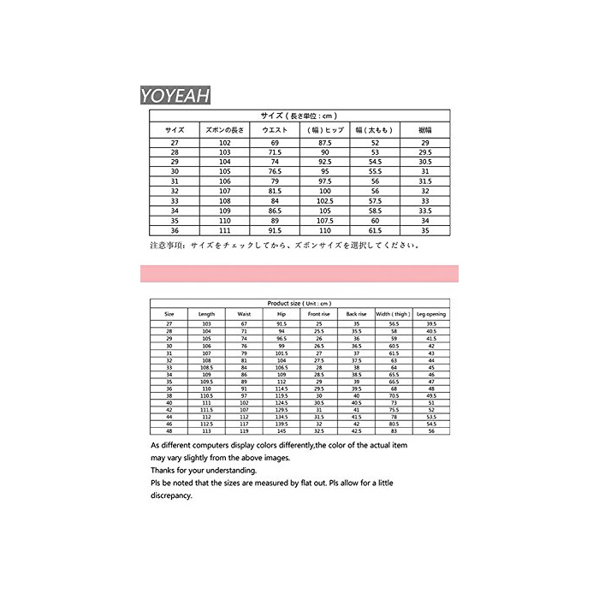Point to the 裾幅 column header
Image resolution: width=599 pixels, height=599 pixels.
(423, 129)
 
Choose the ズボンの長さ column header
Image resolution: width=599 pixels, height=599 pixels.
(225, 129)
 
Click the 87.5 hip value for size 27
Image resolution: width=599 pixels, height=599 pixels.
(325, 141)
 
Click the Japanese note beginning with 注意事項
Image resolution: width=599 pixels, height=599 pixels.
(282, 245)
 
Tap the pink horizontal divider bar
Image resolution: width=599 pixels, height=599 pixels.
(299, 274)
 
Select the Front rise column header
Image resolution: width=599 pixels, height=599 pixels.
(317, 314)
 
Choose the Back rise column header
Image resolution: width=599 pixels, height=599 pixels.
(356, 314)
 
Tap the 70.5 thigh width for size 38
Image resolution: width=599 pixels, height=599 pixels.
(394, 396)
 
